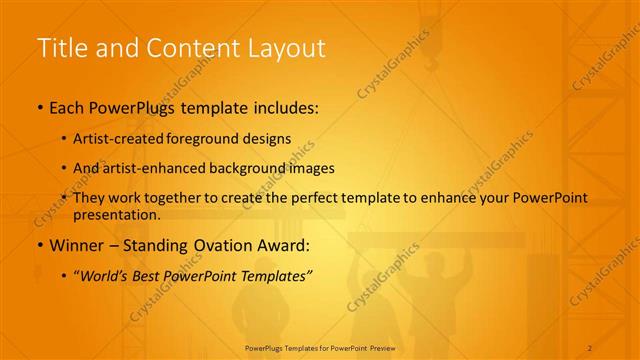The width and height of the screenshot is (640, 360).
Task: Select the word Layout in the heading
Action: click(282, 47)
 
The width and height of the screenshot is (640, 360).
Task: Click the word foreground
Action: click(199, 139)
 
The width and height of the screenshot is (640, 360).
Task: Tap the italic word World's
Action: click(105, 274)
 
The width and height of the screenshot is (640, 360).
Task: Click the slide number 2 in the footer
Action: click(590, 346)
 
